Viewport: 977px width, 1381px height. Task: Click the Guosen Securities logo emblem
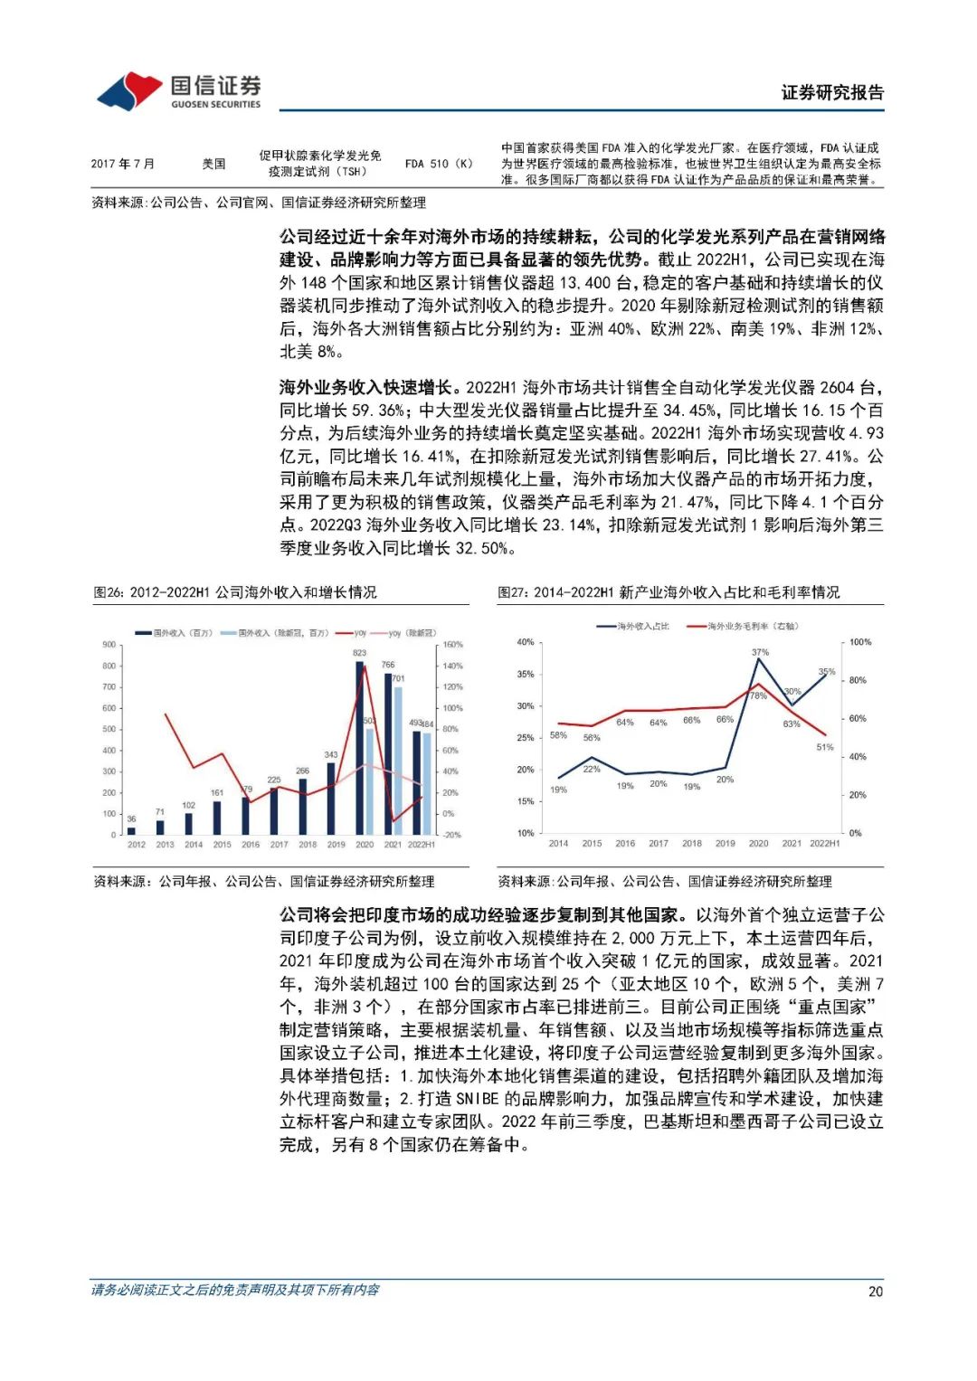pos(129,90)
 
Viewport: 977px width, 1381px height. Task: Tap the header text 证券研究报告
pos(832,92)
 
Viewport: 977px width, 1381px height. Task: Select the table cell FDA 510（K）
pos(439,164)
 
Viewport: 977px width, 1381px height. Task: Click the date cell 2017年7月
pos(122,164)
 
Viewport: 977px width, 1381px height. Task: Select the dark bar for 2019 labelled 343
pos(331,798)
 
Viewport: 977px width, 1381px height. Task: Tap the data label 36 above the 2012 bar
pos(131,818)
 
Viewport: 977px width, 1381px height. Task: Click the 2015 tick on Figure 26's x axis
pos(222,845)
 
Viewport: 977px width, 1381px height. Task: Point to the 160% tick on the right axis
pos(452,645)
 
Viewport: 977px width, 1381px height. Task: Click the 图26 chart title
pos(235,592)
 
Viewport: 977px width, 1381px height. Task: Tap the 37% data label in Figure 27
pos(760,652)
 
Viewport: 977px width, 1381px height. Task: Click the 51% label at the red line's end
pos(824,747)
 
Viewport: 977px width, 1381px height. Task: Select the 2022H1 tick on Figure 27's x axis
pos(824,843)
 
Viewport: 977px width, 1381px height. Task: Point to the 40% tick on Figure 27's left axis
pos(525,642)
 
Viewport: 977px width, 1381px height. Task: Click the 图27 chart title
pos(669,592)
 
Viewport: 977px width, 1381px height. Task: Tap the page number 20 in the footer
pos(875,1291)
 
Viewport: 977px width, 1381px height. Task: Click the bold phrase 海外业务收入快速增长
pos(365,387)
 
